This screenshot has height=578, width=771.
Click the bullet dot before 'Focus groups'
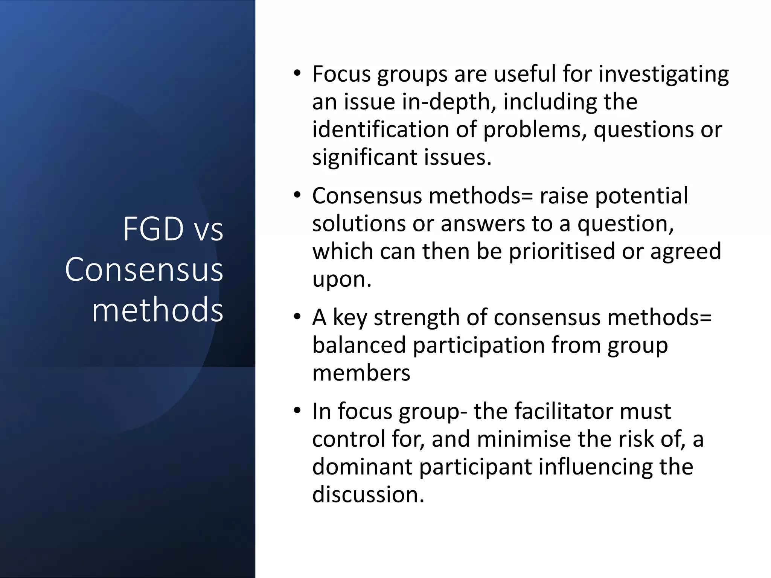point(297,74)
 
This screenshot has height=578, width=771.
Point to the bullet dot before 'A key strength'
point(297,317)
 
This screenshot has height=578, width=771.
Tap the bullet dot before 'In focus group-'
point(297,411)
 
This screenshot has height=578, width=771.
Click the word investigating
point(663,75)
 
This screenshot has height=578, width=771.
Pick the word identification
point(381,129)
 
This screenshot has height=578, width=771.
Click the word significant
point(364,157)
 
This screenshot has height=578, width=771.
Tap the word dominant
point(362,467)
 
